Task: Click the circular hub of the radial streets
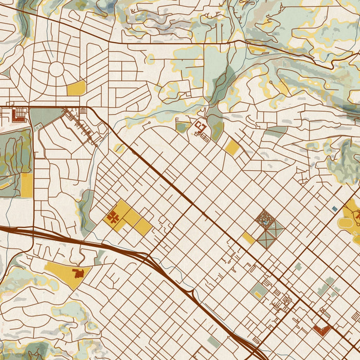tap(56, 69)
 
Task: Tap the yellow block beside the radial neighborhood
tap(76, 88)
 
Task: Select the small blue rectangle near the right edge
tap(335, 208)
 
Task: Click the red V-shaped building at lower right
tap(322, 330)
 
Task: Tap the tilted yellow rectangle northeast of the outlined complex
tap(232, 148)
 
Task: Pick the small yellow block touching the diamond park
tap(248, 238)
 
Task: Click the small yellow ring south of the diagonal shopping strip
tap(119, 148)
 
